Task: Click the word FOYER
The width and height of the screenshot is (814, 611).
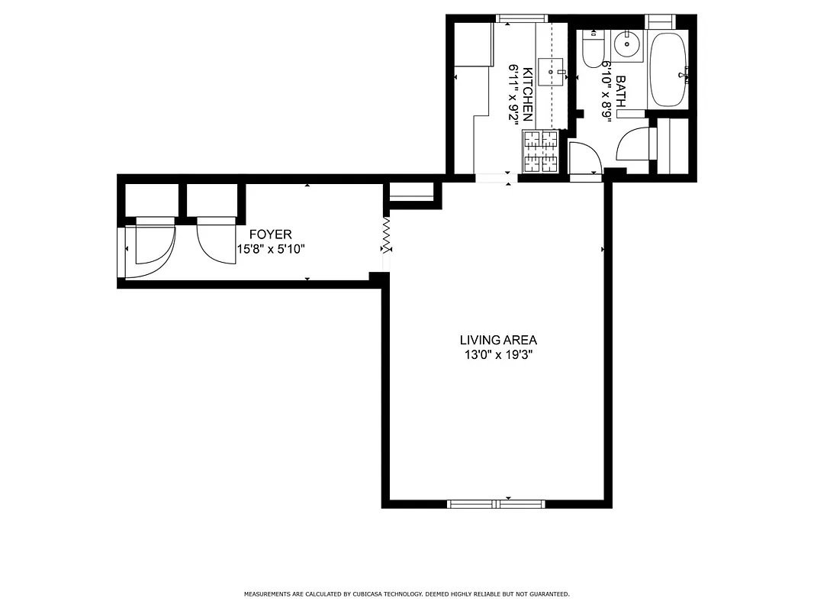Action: click(270, 234)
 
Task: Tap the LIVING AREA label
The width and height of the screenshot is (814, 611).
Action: click(498, 340)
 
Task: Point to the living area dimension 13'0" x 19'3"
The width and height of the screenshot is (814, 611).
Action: click(498, 354)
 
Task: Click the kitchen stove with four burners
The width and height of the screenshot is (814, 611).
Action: click(540, 150)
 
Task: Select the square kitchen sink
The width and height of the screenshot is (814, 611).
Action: click(551, 73)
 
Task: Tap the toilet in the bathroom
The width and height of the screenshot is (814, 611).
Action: click(592, 50)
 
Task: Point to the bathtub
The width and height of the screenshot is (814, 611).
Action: click(668, 70)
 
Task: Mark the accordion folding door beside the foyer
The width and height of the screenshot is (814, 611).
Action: click(386, 234)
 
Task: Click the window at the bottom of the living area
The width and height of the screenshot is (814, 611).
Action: click(496, 503)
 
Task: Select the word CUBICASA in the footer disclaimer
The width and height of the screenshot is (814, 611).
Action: click(375, 593)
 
